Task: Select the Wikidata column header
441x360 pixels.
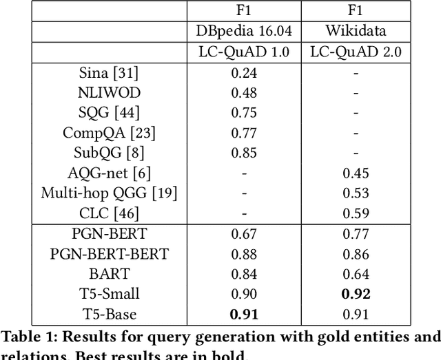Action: pyautogui.click(x=356, y=32)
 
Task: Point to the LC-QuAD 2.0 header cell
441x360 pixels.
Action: pyautogui.click(x=356, y=51)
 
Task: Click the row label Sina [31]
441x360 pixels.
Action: pyautogui.click(x=109, y=72)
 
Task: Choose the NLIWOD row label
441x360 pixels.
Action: pyautogui.click(x=109, y=92)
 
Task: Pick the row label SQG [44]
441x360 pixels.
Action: pyautogui.click(x=109, y=112)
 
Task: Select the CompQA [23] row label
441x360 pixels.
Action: pyautogui.click(x=109, y=132)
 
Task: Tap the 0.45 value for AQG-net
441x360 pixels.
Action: pyautogui.click(x=356, y=172)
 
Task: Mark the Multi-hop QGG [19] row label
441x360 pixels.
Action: pyautogui.click(x=109, y=192)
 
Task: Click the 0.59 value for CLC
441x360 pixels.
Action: pyautogui.click(x=356, y=212)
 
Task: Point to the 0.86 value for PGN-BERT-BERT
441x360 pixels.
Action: pyautogui.click(x=356, y=254)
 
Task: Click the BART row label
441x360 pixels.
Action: pyautogui.click(x=109, y=274)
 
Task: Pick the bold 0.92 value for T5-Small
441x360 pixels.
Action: pyautogui.click(x=356, y=294)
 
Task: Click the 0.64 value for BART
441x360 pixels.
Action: pyautogui.click(x=356, y=274)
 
